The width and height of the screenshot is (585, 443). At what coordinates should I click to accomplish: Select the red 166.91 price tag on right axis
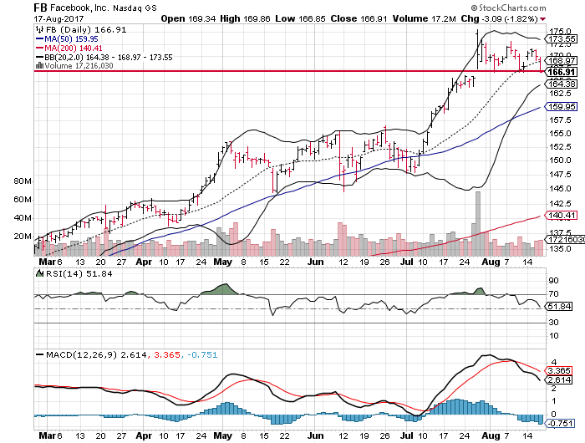click(x=559, y=72)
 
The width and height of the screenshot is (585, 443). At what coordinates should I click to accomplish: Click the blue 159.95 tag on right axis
click(x=559, y=107)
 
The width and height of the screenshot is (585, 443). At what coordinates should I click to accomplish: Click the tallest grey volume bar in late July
click(x=478, y=222)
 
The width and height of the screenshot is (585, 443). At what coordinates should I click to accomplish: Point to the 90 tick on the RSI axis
click(x=552, y=280)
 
